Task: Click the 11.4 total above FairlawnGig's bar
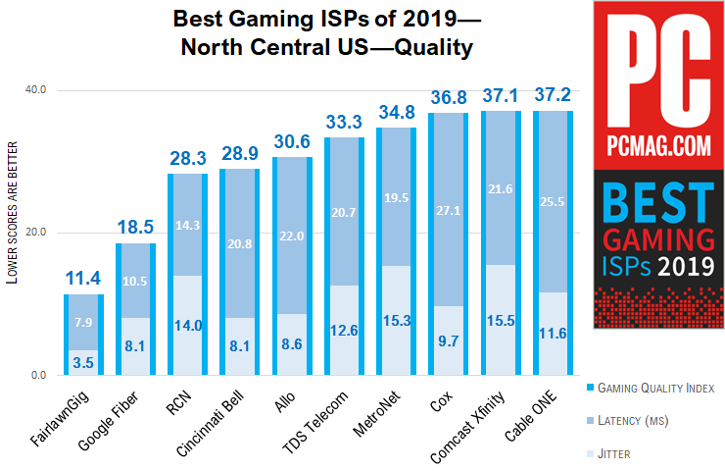tap(83, 280)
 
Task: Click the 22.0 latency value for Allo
tap(292, 236)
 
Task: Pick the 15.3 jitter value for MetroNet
tap(396, 321)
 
